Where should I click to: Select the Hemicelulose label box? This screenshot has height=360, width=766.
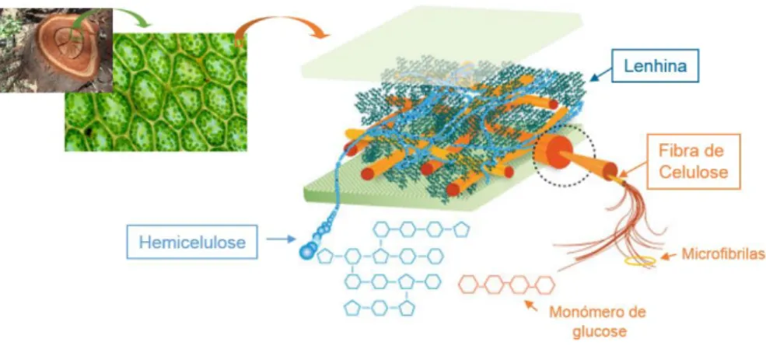(x=193, y=241)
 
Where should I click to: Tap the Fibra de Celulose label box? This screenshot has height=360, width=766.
(x=693, y=161)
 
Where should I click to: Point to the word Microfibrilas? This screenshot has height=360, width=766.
(x=721, y=254)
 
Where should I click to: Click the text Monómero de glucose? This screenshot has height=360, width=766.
(x=597, y=321)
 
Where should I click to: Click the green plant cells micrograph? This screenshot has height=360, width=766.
(x=156, y=93)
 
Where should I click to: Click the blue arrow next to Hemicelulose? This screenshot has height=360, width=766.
(x=281, y=239)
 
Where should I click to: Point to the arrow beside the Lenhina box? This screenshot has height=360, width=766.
(x=600, y=75)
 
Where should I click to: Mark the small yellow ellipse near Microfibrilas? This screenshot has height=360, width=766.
(x=640, y=261)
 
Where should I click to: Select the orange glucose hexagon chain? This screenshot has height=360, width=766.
(x=506, y=285)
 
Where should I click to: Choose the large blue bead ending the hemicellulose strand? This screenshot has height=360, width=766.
(x=307, y=251)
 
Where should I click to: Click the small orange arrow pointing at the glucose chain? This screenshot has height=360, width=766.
(x=531, y=306)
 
